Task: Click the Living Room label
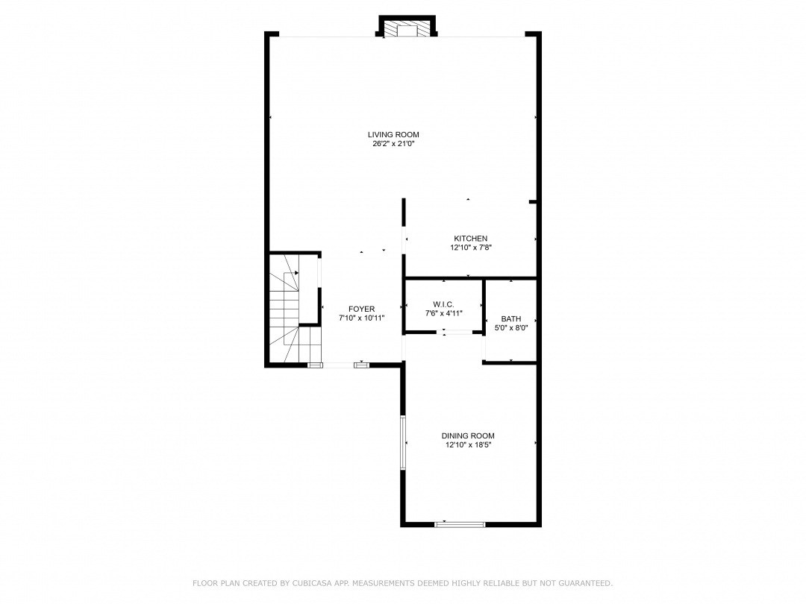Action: (393, 135)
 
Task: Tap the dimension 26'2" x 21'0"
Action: (393, 144)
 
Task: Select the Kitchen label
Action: (470, 239)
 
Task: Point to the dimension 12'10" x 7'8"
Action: (470, 248)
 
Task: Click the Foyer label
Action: (362, 309)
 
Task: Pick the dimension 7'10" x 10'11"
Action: (362, 318)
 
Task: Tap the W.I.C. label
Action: (443, 304)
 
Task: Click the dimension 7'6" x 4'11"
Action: (443, 313)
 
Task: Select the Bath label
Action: (511, 318)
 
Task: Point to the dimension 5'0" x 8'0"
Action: (511, 327)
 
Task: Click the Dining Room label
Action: (468, 436)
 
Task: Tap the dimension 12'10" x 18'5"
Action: (468, 445)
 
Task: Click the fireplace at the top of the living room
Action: (407, 29)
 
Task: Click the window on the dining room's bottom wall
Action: (460, 524)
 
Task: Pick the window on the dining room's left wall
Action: (403, 442)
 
